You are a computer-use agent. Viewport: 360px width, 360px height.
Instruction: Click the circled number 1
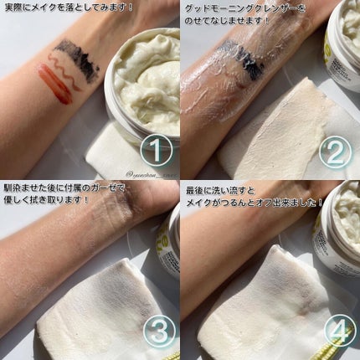(156, 152)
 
